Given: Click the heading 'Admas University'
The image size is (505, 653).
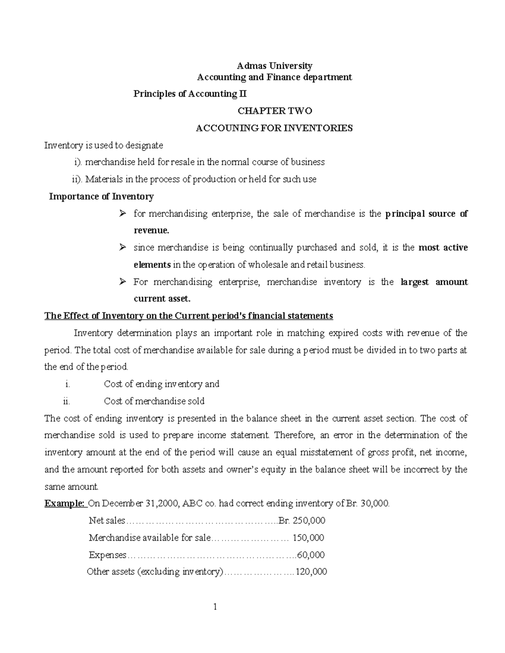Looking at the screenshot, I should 274,66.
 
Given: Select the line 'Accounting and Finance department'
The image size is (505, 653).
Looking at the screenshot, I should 274,77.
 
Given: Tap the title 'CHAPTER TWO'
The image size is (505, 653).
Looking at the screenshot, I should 274,111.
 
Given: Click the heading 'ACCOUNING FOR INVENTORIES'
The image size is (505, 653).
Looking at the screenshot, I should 274,128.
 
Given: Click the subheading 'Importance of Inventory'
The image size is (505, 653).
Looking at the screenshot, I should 101,196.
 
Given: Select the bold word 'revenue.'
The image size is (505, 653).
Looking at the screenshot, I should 151,230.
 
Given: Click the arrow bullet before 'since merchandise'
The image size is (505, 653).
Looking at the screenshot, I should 122,248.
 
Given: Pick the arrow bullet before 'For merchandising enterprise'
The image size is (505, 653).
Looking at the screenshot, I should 122,282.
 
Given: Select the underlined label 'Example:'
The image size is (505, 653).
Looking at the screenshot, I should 64,503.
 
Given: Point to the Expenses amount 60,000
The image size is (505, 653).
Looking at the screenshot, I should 311,555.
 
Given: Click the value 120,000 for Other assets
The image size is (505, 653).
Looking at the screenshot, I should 311,572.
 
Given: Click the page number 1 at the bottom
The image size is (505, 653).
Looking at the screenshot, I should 215,606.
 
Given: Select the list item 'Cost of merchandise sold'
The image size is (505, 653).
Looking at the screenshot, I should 154,401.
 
